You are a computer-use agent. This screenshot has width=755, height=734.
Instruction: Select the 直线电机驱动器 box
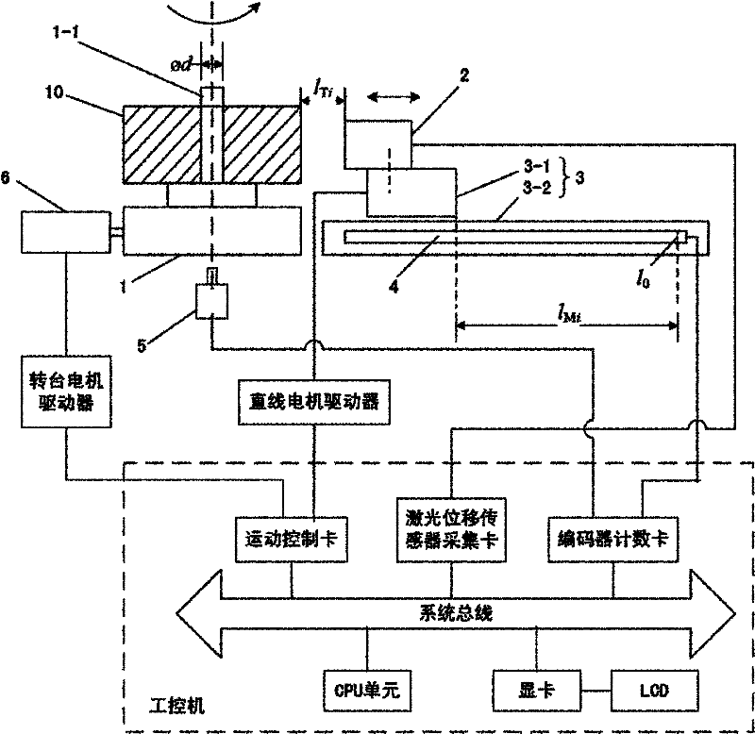[310, 401]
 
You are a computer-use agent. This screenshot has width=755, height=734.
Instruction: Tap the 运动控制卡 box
[290, 539]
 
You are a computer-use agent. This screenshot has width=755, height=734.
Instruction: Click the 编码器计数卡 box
[615, 539]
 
